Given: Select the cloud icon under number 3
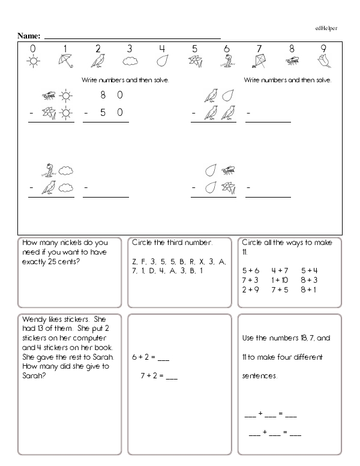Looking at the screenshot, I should click(130, 61).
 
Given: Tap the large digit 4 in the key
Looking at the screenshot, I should click(162, 49).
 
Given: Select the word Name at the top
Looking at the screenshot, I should click(28, 36).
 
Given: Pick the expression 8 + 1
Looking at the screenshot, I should click(309, 289).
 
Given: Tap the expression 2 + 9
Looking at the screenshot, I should click(251, 289).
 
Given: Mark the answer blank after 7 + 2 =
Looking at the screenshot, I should click(171, 378).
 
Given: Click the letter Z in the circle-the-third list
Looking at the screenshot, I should click(134, 262).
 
